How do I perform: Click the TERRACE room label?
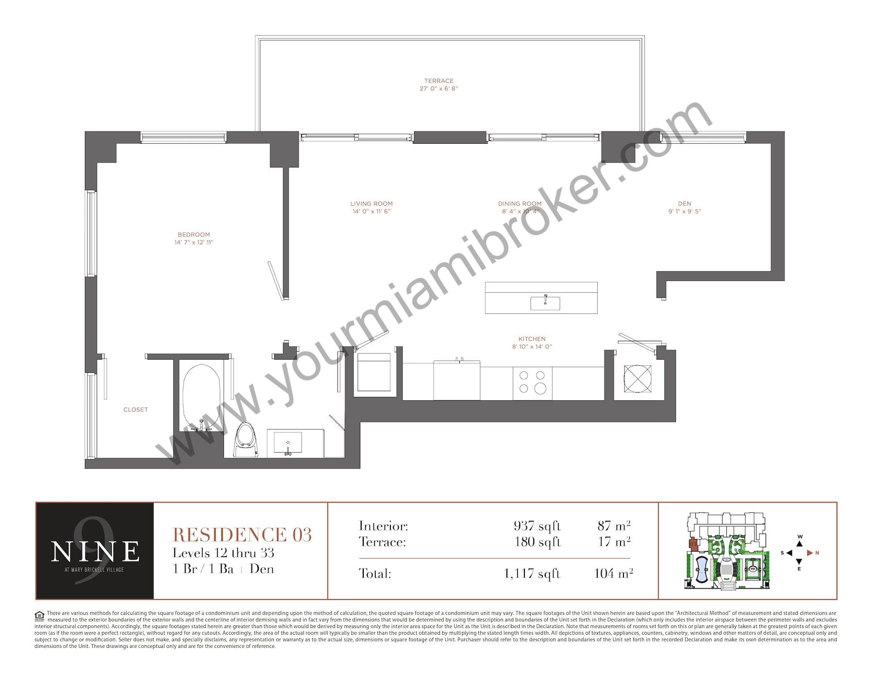(x=439, y=81)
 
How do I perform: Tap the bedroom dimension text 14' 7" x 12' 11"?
(x=194, y=242)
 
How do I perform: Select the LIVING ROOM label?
(x=371, y=204)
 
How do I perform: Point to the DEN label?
(x=685, y=204)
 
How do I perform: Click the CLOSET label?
(x=135, y=410)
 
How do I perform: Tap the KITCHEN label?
(x=532, y=339)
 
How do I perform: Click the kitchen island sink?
(x=545, y=303)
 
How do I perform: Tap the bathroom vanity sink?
(x=288, y=443)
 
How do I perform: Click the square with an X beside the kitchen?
(x=637, y=379)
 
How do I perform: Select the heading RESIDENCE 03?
(x=242, y=535)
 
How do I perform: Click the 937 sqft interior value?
(x=537, y=526)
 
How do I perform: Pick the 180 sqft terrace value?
(x=538, y=542)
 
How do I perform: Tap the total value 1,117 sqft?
(x=532, y=574)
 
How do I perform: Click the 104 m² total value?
(x=614, y=573)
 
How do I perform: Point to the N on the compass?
(x=817, y=553)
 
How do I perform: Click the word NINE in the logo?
(x=95, y=552)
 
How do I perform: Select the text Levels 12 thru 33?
(x=223, y=553)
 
